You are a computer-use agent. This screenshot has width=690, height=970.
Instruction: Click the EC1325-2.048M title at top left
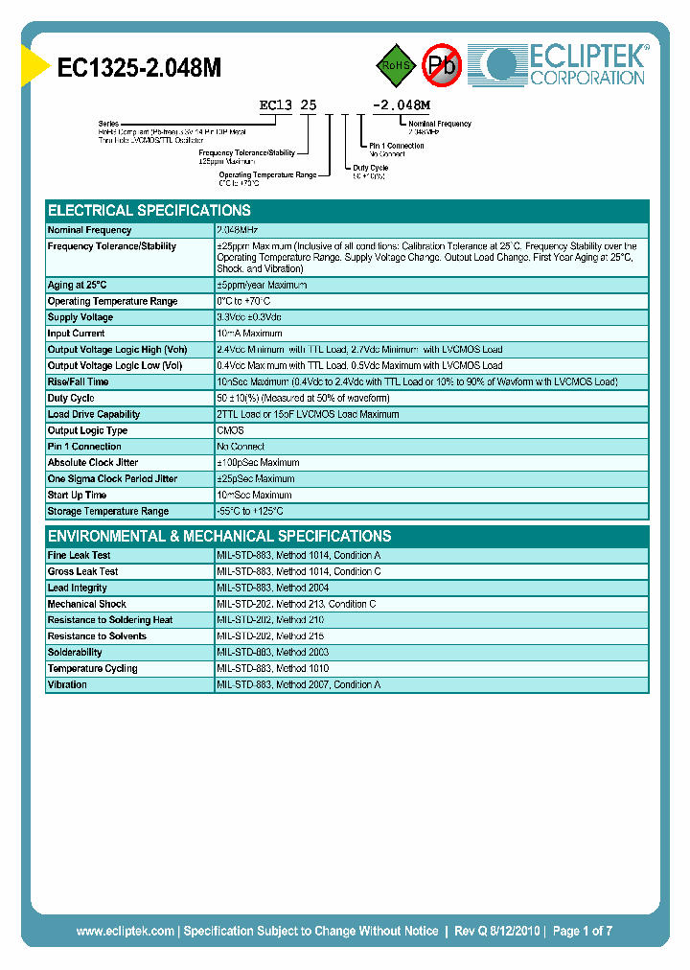coord(141,68)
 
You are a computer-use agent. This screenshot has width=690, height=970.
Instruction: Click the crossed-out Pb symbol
coord(443,65)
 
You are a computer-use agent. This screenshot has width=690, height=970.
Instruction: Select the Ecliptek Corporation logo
coord(565,64)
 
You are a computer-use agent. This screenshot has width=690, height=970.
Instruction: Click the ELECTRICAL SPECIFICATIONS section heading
coord(149,210)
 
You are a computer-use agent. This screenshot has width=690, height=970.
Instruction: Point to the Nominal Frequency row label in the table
coord(90,230)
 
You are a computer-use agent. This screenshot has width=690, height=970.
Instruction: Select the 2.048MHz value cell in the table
coord(238,230)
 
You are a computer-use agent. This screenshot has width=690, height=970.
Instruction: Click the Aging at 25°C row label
coord(78,285)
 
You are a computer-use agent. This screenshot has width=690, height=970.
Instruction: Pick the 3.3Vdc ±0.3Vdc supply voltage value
coord(249,317)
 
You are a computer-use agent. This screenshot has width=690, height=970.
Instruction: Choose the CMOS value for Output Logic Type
coord(231,430)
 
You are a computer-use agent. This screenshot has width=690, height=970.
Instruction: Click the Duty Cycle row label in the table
coord(72,398)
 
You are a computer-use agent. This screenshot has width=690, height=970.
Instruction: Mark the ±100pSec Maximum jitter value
coord(258,463)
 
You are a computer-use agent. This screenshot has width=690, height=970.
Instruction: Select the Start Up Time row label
coord(78,496)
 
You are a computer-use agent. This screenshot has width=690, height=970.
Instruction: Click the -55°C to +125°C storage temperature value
coord(250,512)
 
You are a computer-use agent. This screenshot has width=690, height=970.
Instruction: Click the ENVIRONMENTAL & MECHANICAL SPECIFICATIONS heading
coord(219,536)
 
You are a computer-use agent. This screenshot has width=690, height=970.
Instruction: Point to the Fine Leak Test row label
coord(80,555)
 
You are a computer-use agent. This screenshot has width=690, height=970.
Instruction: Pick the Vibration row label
coord(68,684)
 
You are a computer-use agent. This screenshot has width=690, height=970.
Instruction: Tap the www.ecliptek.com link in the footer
coord(125,931)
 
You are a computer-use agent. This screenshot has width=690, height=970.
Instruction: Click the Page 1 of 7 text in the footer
coord(583,931)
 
